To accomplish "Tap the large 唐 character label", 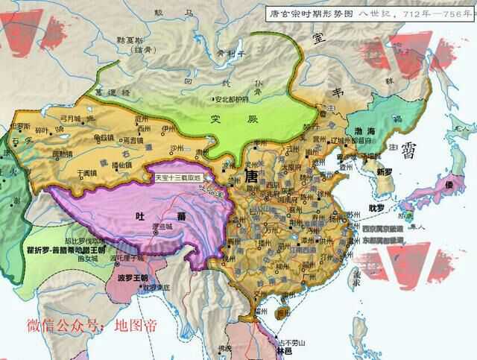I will tap(252, 177).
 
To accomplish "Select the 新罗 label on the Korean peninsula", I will tap(384, 171).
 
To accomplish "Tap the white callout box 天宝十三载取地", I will tap(180, 178).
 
